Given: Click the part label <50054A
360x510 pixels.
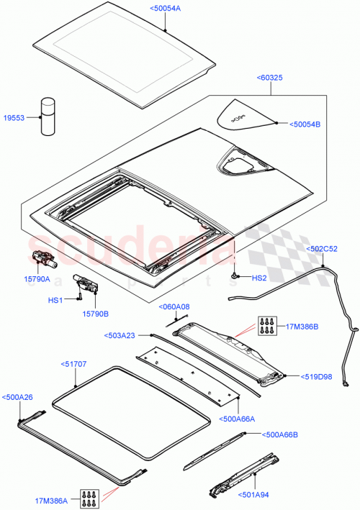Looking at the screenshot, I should click(x=166, y=8).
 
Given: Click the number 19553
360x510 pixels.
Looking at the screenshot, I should click(x=14, y=117).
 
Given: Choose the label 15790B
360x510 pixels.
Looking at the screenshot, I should click(x=96, y=313).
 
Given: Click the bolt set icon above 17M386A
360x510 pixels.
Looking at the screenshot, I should click(x=91, y=495).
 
